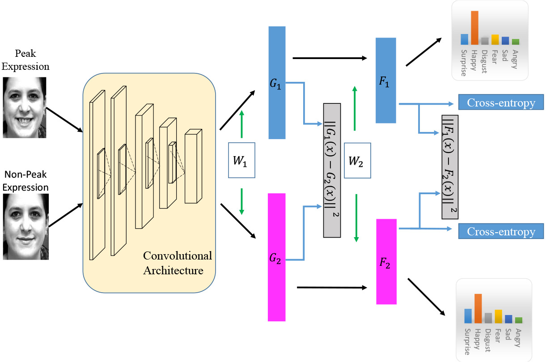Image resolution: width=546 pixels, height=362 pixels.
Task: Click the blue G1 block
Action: point(277,83)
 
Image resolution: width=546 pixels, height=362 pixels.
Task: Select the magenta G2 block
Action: point(276,257)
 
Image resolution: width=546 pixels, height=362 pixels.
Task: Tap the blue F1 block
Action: point(386,81)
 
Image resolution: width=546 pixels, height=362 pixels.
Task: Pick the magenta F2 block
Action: point(386,262)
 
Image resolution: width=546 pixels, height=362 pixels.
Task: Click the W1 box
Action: point(241,160)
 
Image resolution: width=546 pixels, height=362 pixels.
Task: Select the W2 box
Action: point(357,161)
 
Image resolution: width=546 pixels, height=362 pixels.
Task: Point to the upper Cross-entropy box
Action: point(501,102)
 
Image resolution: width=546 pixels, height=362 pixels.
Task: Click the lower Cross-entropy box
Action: point(501,231)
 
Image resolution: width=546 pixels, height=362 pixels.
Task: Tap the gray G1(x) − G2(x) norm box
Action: point(332,170)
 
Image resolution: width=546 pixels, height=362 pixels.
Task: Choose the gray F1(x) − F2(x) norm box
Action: point(450,166)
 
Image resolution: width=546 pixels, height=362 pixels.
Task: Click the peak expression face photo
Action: point(25,107)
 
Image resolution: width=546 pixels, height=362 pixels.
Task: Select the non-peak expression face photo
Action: point(25,226)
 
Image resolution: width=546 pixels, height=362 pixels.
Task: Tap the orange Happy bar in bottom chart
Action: point(478,309)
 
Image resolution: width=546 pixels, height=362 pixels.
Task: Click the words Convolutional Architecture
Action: point(177,263)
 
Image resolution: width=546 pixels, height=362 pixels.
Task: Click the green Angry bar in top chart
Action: point(516,42)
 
